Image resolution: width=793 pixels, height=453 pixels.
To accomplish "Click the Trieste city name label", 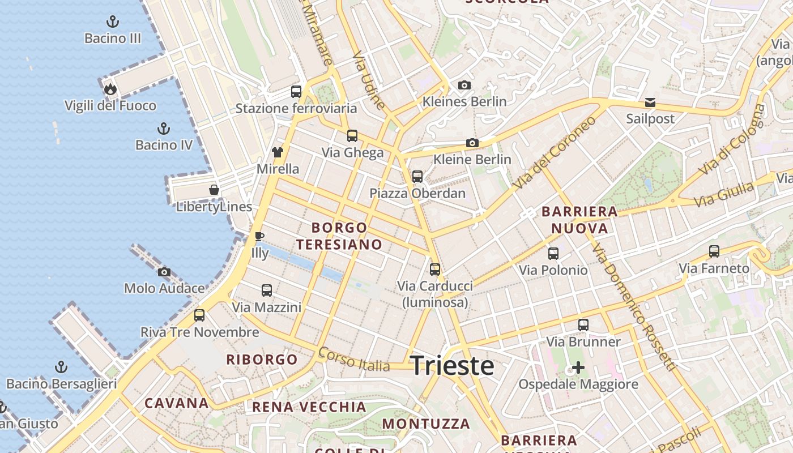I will (x=452, y=366).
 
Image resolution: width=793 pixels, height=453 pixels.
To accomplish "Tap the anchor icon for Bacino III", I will (x=113, y=22).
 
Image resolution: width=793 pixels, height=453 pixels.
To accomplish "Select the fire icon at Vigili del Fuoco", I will (x=110, y=89).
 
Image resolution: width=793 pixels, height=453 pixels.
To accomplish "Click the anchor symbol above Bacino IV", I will (x=164, y=128).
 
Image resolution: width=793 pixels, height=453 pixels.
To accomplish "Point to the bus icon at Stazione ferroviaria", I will (x=296, y=91).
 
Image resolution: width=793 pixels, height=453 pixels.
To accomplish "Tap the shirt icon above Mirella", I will (x=278, y=152).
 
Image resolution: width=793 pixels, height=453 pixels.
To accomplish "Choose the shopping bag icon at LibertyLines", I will (x=214, y=190).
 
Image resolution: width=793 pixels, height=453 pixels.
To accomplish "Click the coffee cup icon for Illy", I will (x=259, y=236).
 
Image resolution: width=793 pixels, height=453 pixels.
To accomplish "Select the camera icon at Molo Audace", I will (x=164, y=272).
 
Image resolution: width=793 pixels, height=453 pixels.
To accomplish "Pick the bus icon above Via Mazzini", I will (x=267, y=290).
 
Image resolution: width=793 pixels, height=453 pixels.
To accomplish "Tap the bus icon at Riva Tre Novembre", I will (x=199, y=315).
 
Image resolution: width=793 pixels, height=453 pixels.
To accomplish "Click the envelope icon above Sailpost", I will (x=650, y=102).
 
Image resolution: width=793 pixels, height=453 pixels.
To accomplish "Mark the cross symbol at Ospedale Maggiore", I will (x=578, y=367).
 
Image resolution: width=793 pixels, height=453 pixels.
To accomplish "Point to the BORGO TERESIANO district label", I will (x=339, y=236).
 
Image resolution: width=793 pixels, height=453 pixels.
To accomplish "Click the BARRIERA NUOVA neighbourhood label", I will (x=579, y=220).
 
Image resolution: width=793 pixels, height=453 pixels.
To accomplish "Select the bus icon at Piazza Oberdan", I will (x=417, y=176).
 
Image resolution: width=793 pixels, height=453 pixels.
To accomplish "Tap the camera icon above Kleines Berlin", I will (x=464, y=85).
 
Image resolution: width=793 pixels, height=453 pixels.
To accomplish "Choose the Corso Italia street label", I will (x=354, y=360).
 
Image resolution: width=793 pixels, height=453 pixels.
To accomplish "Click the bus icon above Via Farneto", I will (x=714, y=251).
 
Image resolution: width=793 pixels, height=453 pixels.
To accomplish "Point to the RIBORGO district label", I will (x=262, y=360).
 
